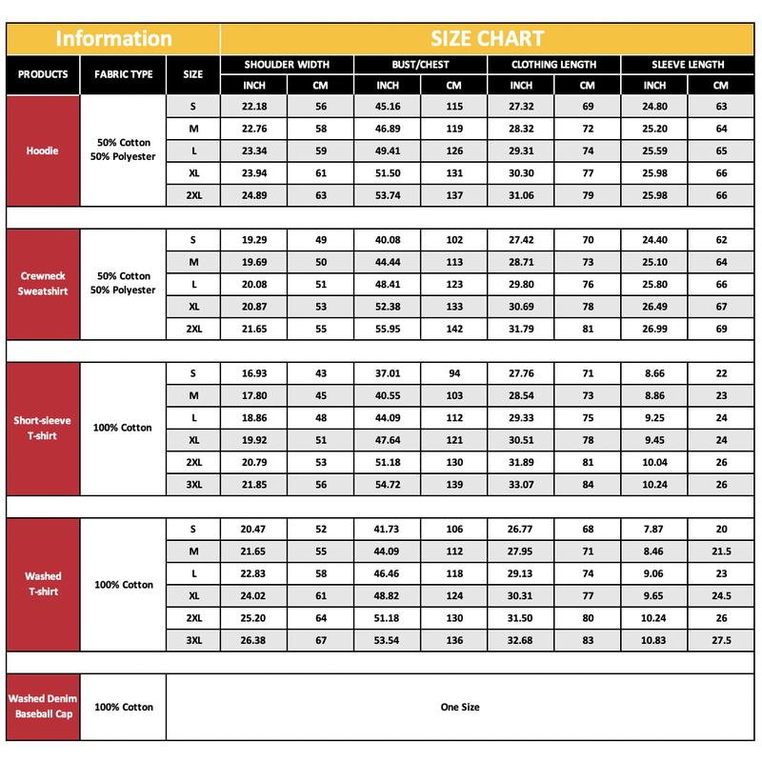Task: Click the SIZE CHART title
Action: pyautogui.click(x=487, y=39)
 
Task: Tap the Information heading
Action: pyautogui.click(x=113, y=39)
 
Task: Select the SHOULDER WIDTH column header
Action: pyautogui.click(x=287, y=65)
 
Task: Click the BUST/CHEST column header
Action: pyautogui.click(x=420, y=65)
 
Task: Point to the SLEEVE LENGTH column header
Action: pyautogui.click(x=688, y=65)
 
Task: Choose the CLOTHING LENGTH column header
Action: pyautogui.click(x=553, y=65)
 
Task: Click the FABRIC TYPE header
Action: pyautogui.click(x=124, y=74)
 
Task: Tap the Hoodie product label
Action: pyautogui.click(x=43, y=150)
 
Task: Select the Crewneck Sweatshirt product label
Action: pyautogui.click(x=43, y=283)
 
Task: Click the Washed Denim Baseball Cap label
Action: pyautogui.click(x=43, y=706)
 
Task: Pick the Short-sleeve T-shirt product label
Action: pyautogui.click(x=43, y=428)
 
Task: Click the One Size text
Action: pyautogui.click(x=460, y=707)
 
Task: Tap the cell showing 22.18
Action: pyautogui.click(x=253, y=107)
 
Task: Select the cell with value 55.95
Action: pyautogui.click(x=387, y=328)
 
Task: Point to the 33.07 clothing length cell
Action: pyautogui.click(x=520, y=484)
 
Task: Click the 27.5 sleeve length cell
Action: pyautogui.click(x=721, y=641)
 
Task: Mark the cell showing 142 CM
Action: pyautogui.click(x=454, y=328)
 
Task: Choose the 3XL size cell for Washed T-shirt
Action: pyautogui.click(x=193, y=641)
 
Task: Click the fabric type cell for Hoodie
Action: pyautogui.click(x=124, y=150)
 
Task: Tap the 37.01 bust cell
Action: pyautogui.click(x=387, y=373)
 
